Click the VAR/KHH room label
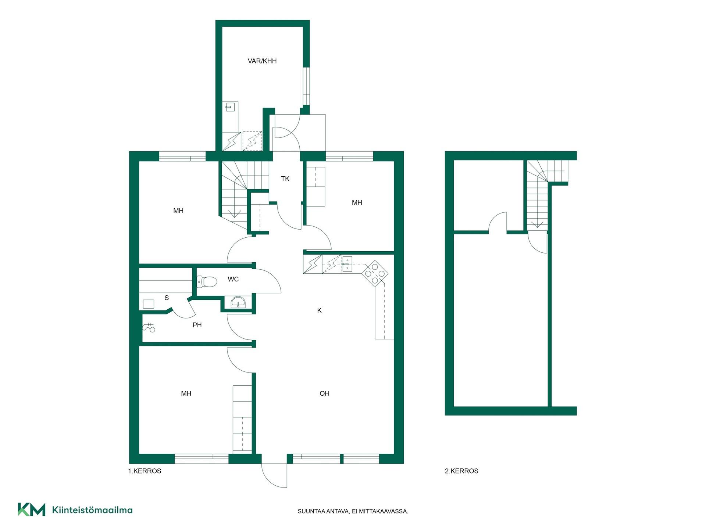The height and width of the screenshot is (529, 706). pyautogui.click(x=262, y=61)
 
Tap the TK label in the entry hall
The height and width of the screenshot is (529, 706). pyautogui.click(x=285, y=179)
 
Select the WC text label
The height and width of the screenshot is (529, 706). pyautogui.click(x=233, y=279)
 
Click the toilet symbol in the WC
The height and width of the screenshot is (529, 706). pyautogui.click(x=207, y=282)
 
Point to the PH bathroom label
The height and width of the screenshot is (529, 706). pyautogui.click(x=197, y=325)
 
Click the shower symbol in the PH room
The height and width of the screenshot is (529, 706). pyautogui.click(x=149, y=327)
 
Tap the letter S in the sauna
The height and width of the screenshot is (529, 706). pyautogui.click(x=167, y=298)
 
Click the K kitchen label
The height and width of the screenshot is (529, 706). pyautogui.click(x=319, y=310)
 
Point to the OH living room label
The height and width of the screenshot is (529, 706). pyautogui.click(x=324, y=393)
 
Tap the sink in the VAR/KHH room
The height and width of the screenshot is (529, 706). pyautogui.click(x=230, y=107)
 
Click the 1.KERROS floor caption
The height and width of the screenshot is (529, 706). pyautogui.click(x=145, y=471)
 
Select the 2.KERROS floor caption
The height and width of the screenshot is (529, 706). pyautogui.click(x=461, y=471)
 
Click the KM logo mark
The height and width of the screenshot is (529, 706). pyautogui.click(x=32, y=510)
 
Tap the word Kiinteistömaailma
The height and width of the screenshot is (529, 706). pyautogui.click(x=92, y=510)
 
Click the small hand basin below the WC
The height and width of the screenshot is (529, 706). pyautogui.click(x=238, y=303)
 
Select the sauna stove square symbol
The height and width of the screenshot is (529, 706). pyautogui.click(x=148, y=304)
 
